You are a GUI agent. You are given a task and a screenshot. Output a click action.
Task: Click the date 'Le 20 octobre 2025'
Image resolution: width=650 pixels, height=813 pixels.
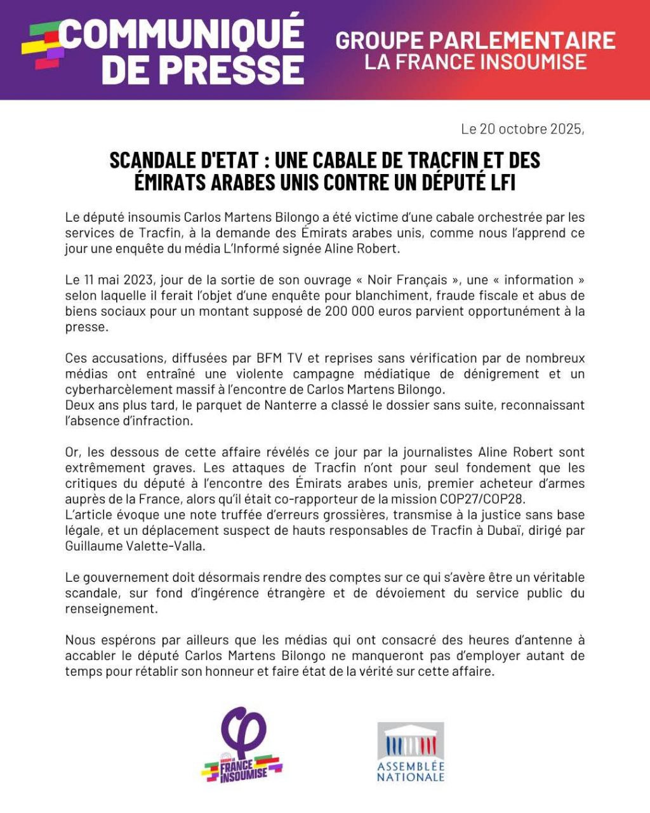click(522, 129)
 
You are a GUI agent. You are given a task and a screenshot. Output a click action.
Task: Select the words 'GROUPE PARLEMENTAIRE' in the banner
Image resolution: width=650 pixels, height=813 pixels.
click(475, 40)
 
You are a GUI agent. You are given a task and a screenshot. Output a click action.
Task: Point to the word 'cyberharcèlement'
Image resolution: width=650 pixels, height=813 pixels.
click(118, 389)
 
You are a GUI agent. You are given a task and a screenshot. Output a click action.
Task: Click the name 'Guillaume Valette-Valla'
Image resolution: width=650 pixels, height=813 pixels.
click(135, 546)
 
